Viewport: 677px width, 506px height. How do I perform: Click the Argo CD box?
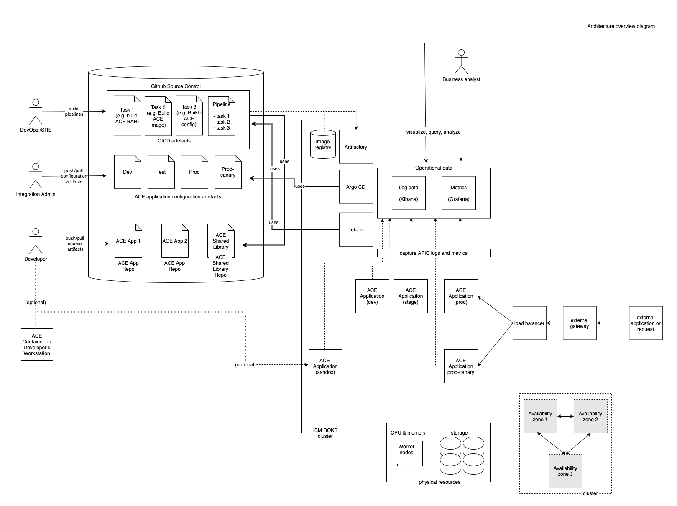[x=355, y=187]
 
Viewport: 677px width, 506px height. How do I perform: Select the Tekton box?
[x=355, y=229]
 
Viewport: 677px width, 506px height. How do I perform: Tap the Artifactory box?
[x=355, y=147]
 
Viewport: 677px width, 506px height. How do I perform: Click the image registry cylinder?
[x=323, y=145]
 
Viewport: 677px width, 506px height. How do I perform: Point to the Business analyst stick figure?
[x=461, y=61]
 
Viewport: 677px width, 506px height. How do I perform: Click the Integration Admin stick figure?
[x=36, y=175]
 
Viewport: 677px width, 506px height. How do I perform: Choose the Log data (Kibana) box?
[x=409, y=193]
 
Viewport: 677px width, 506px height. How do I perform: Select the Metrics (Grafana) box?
[x=459, y=193]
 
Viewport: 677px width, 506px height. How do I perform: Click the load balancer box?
[x=529, y=323]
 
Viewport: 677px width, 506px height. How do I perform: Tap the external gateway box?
[x=580, y=323]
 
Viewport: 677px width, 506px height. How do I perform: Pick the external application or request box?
[x=646, y=323]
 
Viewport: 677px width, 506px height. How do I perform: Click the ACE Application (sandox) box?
[x=325, y=366]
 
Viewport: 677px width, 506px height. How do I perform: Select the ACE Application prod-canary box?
[x=460, y=366]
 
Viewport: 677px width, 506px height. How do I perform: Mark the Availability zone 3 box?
[x=565, y=471]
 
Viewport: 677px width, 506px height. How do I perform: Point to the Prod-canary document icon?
[x=228, y=172]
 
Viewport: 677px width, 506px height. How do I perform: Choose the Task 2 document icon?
[x=158, y=116]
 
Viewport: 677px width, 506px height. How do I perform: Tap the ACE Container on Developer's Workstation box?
[x=37, y=344]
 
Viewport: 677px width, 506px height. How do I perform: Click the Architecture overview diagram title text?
[x=621, y=26]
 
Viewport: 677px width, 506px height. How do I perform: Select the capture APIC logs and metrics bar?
[x=433, y=253]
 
